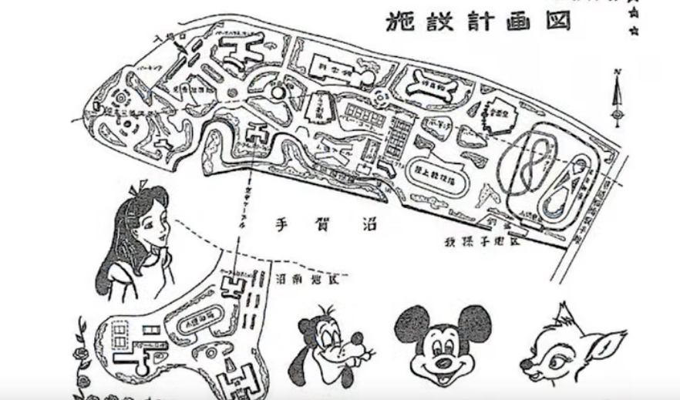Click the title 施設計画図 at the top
(479, 22)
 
